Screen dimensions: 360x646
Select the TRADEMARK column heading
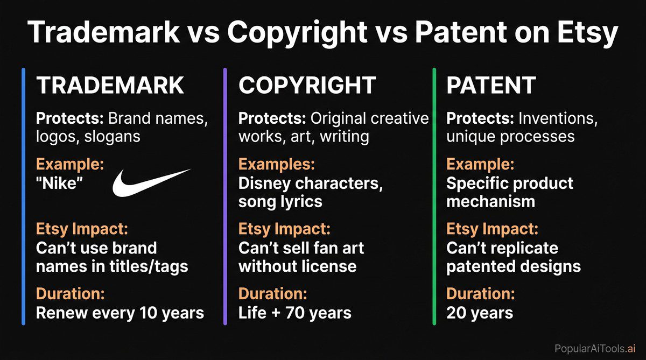tap(110, 86)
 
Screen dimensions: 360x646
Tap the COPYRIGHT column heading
tap(307, 86)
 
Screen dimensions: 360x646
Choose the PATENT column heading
tap(491, 86)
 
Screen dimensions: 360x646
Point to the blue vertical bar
tap(24, 196)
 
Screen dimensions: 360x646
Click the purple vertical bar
tap(224, 196)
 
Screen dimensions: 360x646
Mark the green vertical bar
tap(433, 196)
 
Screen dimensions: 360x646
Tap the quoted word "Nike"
tap(59, 183)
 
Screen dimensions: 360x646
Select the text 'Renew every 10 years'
tap(120, 313)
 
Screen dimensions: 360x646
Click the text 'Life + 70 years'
tap(294, 313)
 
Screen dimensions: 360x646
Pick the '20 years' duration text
tap(480, 313)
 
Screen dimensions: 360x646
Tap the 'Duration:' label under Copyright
tap(272, 294)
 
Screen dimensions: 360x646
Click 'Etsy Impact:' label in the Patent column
tap(493, 229)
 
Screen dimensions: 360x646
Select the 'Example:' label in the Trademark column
tap(69, 165)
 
